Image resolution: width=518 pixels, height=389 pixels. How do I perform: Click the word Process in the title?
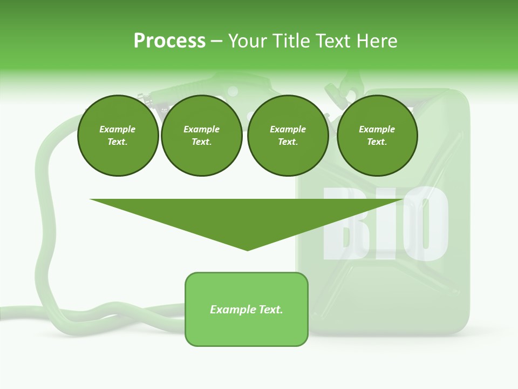169,41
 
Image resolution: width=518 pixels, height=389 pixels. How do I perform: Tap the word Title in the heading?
289,41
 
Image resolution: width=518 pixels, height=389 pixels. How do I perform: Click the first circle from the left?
118,136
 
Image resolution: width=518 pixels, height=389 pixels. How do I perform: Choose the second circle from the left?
201,136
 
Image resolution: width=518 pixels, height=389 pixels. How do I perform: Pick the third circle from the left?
288,136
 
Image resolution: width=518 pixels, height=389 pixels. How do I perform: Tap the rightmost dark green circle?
377,136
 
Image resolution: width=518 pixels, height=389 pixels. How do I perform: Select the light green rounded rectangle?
247,309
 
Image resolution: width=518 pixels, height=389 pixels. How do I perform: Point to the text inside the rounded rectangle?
247,310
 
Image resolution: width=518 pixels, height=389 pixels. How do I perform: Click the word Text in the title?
334,41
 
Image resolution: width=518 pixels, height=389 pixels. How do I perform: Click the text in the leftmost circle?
118,136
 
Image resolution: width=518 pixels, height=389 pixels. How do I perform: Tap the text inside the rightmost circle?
377,136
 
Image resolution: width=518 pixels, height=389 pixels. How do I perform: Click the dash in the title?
217,41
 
